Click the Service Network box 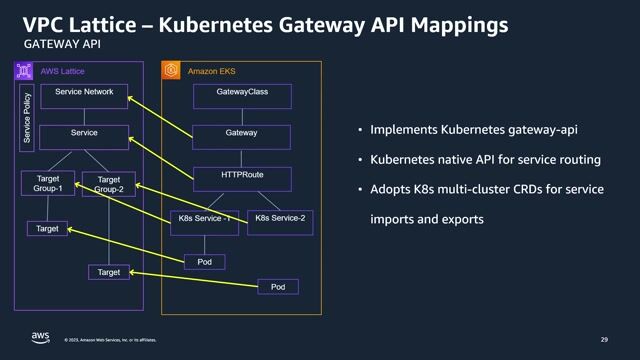[84, 92]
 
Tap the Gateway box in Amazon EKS [241, 133]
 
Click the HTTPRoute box [241, 175]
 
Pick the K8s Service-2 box [279, 218]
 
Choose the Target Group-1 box [48, 183]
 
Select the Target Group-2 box [115, 185]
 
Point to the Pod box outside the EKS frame [278, 288]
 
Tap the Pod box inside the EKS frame [205, 262]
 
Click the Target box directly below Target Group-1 [47, 229]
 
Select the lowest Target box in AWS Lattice [108, 272]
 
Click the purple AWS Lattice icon [24, 70]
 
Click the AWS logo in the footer [40, 338]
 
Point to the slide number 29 [604, 340]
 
